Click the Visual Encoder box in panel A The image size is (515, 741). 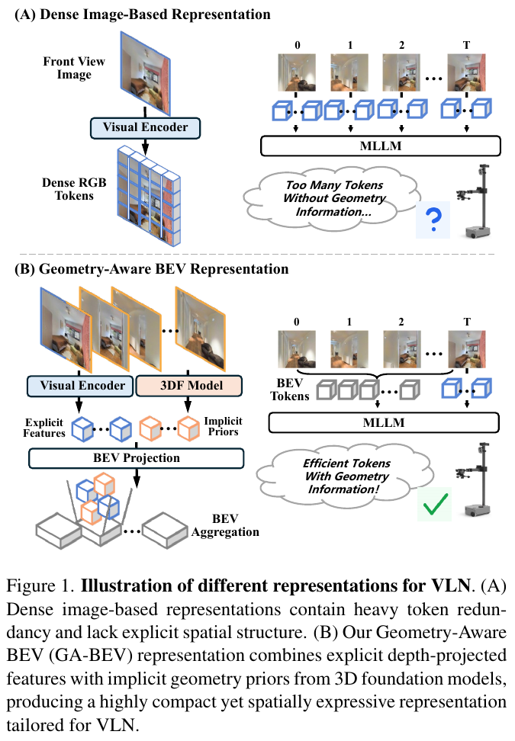pyautogui.click(x=145, y=127)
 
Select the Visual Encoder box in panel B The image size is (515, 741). pyautogui.click(x=80, y=386)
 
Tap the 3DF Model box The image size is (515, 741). pyautogui.click(x=188, y=386)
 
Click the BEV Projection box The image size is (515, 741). pyautogui.click(x=137, y=458)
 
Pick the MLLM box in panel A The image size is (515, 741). pyautogui.click(x=380, y=146)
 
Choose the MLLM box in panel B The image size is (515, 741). pyautogui.click(x=384, y=422)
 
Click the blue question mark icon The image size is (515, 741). pyautogui.click(x=433, y=220)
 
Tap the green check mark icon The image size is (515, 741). pyautogui.click(x=435, y=504)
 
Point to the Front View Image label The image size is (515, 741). pyautogui.click(x=74, y=68)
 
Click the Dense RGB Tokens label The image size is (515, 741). pyautogui.click(x=74, y=189)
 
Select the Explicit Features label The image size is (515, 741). pyautogui.click(x=44, y=428)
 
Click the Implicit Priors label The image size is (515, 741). pyautogui.click(x=223, y=426)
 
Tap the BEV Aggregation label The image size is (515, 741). pyautogui.click(x=225, y=525)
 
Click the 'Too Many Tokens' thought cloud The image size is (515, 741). pyautogui.click(x=333, y=198)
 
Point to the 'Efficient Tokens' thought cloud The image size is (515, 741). pyautogui.click(x=345, y=476)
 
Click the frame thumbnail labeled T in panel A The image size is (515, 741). pyautogui.click(x=466, y=72)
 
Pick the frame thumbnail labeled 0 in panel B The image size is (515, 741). pyautogui.click(x=297, y=349)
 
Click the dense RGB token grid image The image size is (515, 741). pyautogui.click(x=149, y=196)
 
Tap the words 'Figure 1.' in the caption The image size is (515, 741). pyautogui.click(x=40, y=586)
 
